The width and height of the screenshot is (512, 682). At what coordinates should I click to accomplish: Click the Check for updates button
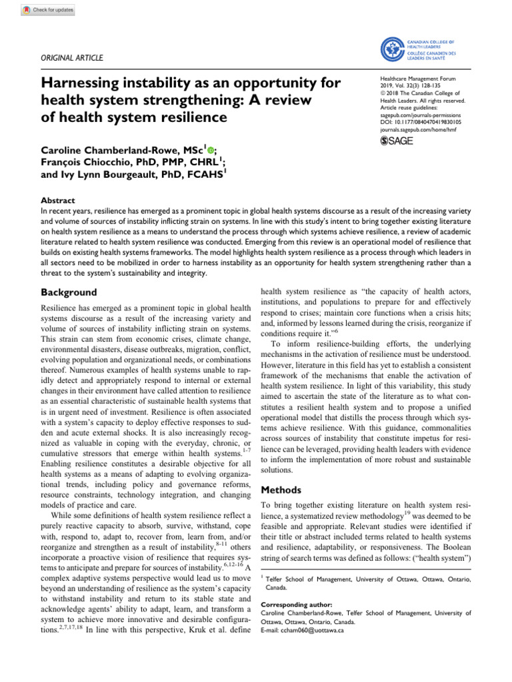tap(48, 11)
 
